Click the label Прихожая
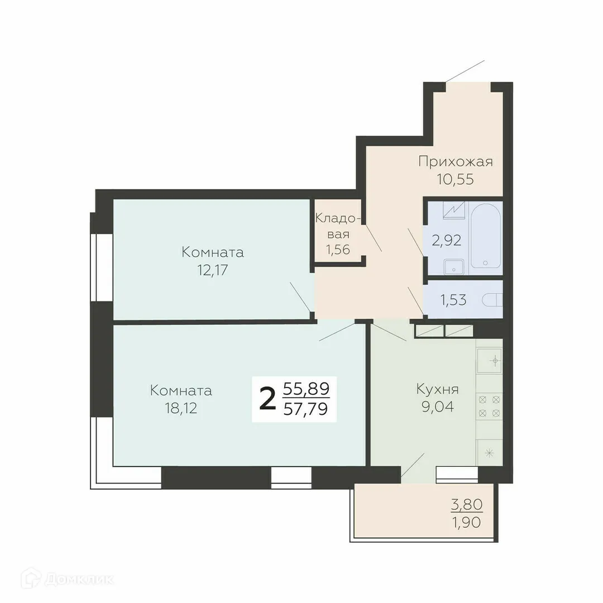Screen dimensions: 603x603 [456, 162]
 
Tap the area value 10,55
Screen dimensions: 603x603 [456, 180]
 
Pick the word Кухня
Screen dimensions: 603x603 [437, 389]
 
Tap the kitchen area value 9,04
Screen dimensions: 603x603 [437, 406]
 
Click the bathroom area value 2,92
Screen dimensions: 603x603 [446, 241]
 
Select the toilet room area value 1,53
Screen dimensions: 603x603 [453, 300]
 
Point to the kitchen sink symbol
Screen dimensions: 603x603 [490, 361]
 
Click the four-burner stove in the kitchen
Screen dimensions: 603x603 [489, 406]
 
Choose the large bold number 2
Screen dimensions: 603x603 [268, 399]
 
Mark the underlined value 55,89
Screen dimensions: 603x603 [305, 387]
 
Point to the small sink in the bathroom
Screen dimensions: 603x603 [454, 267]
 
